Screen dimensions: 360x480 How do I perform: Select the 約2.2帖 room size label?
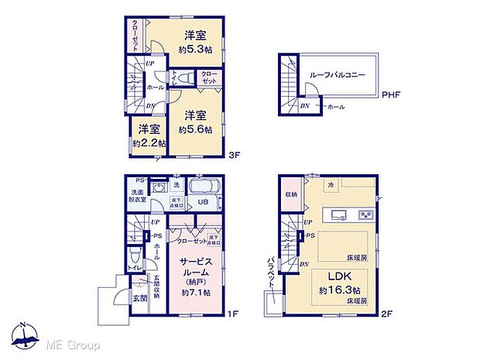point(146,143)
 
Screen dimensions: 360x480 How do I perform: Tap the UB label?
point(202,202)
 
